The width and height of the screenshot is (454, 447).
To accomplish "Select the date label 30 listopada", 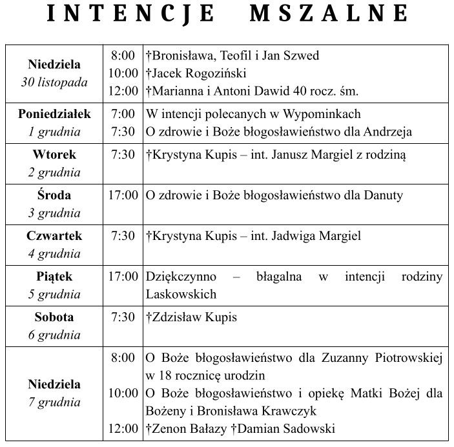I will click(54, 82).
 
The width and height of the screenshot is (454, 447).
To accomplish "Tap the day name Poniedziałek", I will click(54, 114).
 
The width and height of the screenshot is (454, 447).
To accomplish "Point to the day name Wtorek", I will click(54, 155).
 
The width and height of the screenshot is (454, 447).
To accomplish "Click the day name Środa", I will click(54, 195).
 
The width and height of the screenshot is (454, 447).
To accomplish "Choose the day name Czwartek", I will click(54, 236).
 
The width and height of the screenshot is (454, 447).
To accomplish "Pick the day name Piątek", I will click(54, 277).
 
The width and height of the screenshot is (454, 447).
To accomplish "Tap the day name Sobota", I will click(54, 317).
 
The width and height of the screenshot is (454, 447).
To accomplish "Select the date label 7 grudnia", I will click(54, 401).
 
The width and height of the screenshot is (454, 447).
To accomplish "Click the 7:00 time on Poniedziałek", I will click(123, 114).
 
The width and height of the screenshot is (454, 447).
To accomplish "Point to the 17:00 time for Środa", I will click(123, 195).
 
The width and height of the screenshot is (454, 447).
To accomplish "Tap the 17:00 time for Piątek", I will click(123, 277).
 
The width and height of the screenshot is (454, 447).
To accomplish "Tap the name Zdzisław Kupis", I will click(194, 317).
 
